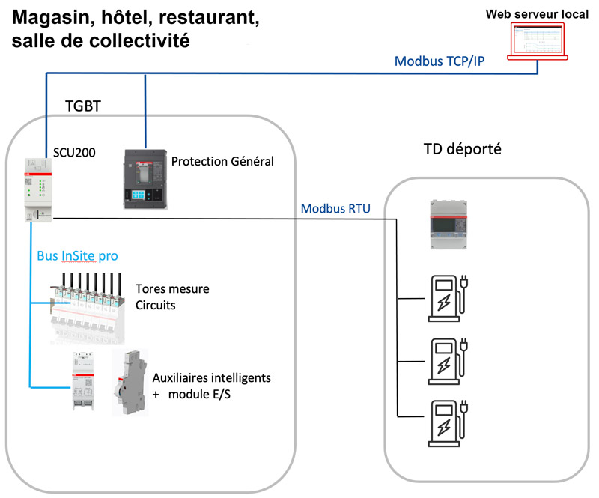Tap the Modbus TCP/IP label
pos(440,61)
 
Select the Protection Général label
pos(222,161)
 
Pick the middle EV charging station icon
pos(448,359)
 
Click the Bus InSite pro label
pos(78,255)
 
